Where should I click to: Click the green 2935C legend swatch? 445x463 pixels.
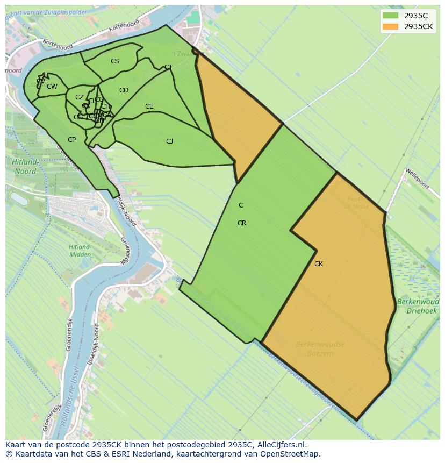click(x=390, y=16)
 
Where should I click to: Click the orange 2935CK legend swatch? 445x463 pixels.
click(x=390, y=26)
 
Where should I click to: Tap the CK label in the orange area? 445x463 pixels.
click(x=319, y=264)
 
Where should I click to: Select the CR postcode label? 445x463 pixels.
click(x=242, y=223)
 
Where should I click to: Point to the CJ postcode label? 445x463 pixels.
click(x=169, y=141)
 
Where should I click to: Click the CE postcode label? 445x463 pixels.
click(x=149, y=106)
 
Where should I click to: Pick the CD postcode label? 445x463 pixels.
click(x=124, y=90)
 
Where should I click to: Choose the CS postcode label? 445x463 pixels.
click(x=115, y=61)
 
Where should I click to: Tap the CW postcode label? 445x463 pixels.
click(x=52, y=87)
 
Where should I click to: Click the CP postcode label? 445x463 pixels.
click(x=71, y=140)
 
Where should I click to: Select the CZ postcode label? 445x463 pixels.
click(x=80, y=97)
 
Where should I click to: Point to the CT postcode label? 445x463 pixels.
click(x=169, y=67)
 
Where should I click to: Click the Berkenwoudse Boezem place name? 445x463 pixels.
click(x=320, y=348)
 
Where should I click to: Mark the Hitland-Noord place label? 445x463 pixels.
click(x=25, y=167)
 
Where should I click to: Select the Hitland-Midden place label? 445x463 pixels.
click(x=80, y=251)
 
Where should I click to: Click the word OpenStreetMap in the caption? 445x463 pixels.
click(x=291, y=454)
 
